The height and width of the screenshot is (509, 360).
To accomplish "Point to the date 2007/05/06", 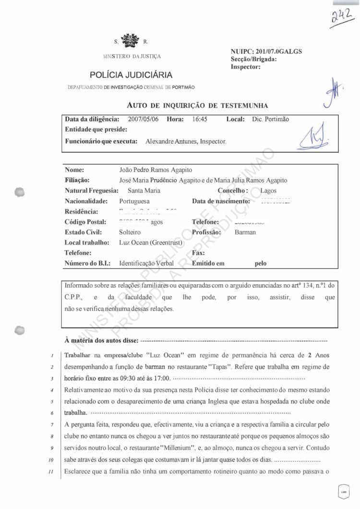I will tap(144, 119).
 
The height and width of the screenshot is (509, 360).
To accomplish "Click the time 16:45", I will tap(199, 119).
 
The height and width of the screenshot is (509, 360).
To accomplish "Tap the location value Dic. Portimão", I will tap(270, 119).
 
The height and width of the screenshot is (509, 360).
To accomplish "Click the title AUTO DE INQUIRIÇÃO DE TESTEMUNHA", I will tap(197, 105).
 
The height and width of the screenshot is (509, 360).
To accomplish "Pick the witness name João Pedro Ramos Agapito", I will tap(156, 170).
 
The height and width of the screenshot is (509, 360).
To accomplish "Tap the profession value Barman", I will tap(245, 232).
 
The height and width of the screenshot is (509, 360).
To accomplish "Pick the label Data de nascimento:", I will tap(221, 201).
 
